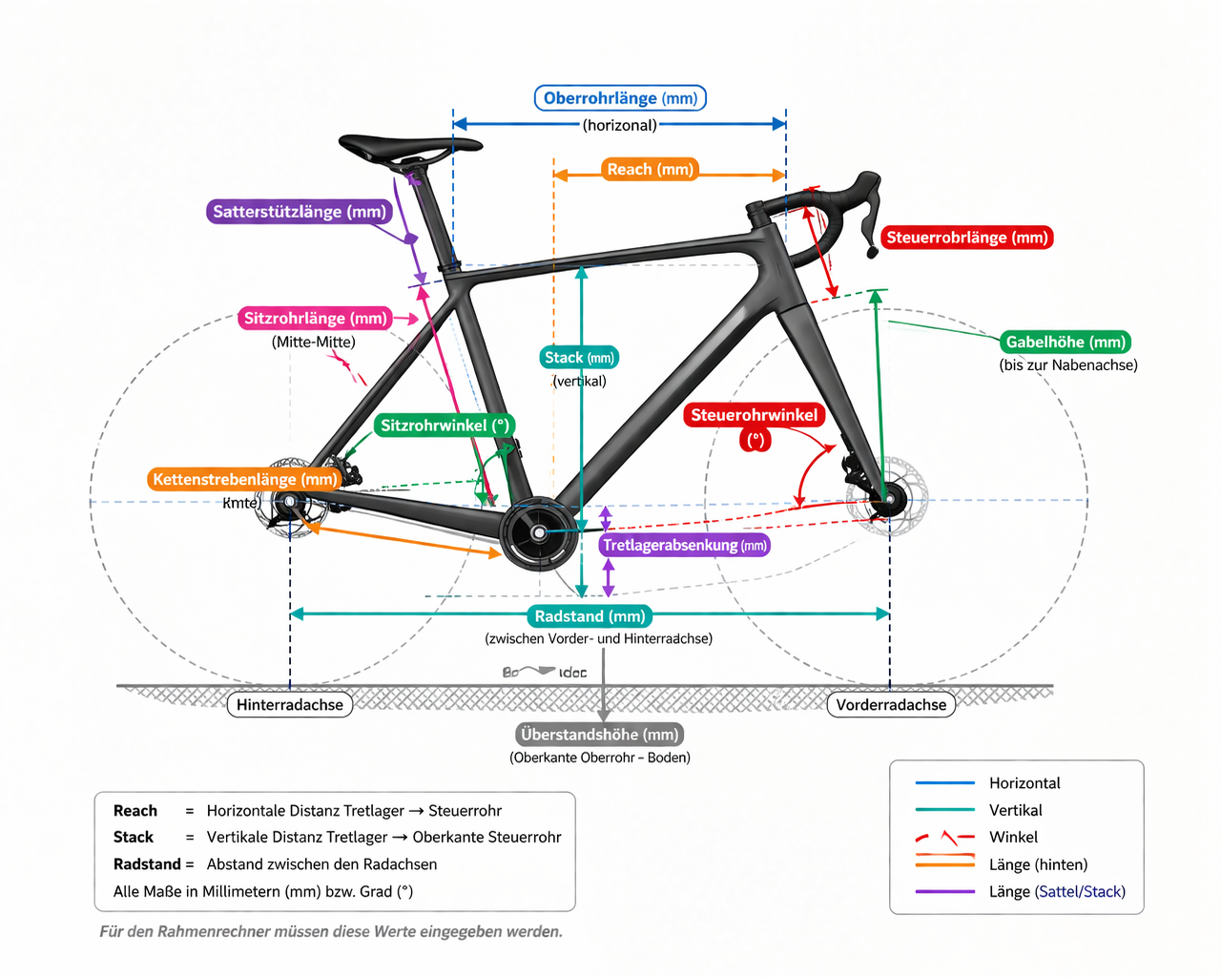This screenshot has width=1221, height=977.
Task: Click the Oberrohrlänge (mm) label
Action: click(620, 98)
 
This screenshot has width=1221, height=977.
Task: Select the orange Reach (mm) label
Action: click(651, 170)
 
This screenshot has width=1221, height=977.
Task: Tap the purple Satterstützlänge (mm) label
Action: click(300, 212)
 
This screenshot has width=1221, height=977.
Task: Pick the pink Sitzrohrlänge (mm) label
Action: click(316, 319)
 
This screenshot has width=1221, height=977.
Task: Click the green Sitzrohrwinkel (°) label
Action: click(445, 426)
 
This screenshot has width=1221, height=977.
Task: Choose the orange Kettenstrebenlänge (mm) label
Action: click(245, 479)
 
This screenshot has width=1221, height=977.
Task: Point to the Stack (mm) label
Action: click(579, 358)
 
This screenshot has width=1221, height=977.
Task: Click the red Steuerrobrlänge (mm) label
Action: click(966, 238)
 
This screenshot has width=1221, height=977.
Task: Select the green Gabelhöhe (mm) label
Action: click(1066, 342)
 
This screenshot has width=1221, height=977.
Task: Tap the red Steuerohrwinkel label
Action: click(755, 415)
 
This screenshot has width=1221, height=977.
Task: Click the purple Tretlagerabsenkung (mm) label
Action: click(684, 546)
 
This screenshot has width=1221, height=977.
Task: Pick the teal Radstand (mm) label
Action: click(590, 616)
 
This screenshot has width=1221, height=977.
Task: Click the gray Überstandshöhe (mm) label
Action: click(600, 735)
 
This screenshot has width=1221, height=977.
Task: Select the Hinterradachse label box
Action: click(290, 705)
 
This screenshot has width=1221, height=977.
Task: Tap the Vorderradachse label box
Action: click(891, 705)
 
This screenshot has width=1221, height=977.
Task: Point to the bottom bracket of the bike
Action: click(539, 532)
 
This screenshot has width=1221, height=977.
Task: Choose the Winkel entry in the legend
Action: click(1013, 837)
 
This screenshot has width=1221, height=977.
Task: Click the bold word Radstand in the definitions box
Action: click(147, 864)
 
